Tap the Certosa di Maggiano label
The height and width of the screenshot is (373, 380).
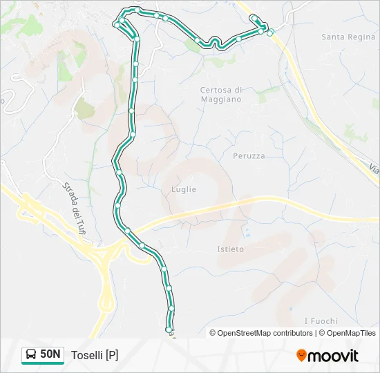click(x=221, y=95)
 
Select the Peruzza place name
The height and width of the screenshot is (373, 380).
click(x=249, y=156)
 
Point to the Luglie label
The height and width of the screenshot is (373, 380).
click(x=184, y=189)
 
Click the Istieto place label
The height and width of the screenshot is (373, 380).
click(x=231, y=249)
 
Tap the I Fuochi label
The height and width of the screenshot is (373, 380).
click(x=321, y=321)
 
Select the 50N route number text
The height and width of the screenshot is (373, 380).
click(x=50, y=354)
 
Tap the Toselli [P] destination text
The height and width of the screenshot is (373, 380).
click(x=95, y=355)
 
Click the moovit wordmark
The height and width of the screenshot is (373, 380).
click(x=333, y=356)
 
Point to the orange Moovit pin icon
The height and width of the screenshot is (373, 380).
click(x=301, y=356)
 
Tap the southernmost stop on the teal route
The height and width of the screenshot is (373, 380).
click(x=171, y=320)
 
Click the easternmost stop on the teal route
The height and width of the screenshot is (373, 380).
click(x=270, y=32)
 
